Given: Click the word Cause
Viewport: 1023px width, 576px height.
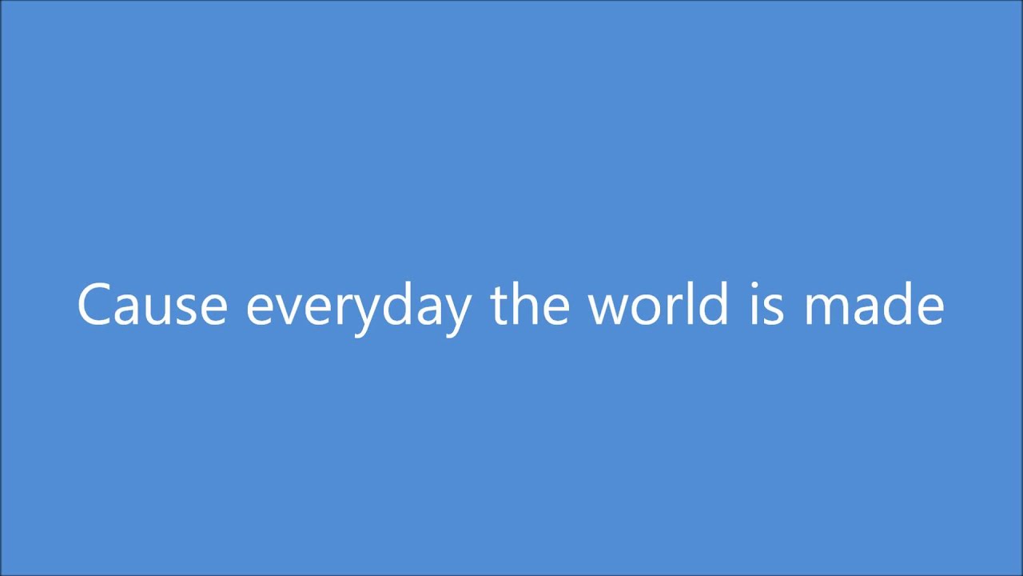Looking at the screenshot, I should click(x=152, y=306).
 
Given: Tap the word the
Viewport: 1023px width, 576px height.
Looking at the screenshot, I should click(x=530, y=304).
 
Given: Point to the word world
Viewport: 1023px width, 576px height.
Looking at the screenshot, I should click(x=658, y=304).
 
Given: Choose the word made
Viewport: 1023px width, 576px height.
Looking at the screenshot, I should click(x=874, y=304).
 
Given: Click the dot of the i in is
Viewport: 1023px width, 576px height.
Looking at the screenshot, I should click(x=755, y=285).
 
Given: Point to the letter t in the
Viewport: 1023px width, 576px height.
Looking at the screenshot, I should click(x=500, y=306).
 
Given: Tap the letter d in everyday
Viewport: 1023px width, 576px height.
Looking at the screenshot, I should click(x=392, y=304).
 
